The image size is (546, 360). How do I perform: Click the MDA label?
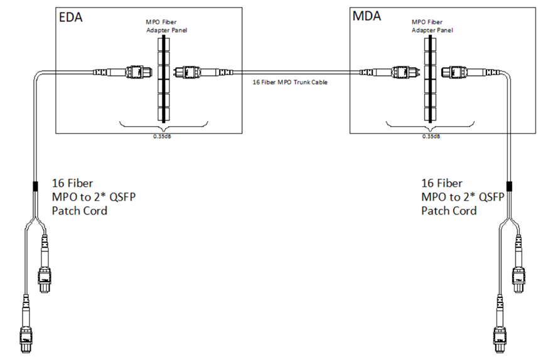[367, 16]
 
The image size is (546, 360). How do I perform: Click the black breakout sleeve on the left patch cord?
[35, 187]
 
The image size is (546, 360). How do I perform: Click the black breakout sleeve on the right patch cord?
[509, 187]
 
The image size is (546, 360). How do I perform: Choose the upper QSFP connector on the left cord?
[45, 276]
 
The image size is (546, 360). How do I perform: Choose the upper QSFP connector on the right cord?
[519, 276]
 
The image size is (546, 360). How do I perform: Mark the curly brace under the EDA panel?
[164, 127]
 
